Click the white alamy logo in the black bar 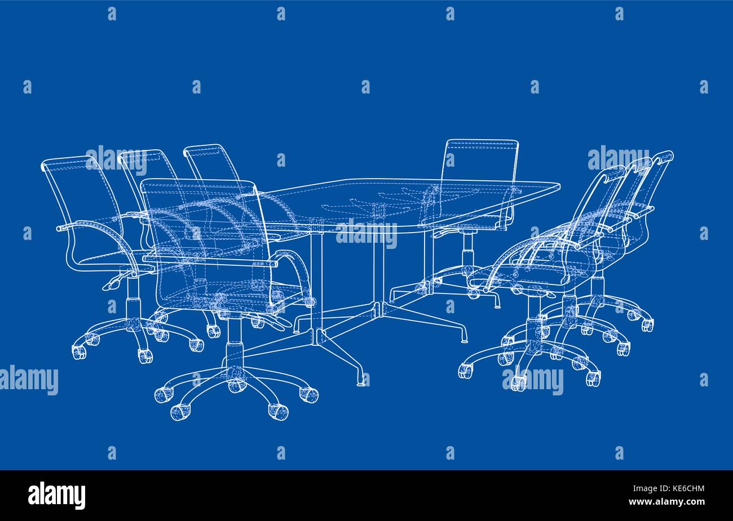(x=56, y=496)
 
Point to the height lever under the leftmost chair (x=113, y=284)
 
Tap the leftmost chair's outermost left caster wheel (x=79, y=352)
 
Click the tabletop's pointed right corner (x=559, y=186)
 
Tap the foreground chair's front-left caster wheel (x=179, y=412)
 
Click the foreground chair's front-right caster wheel (x=279, y=412)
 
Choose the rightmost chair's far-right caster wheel (x=648, y=324)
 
